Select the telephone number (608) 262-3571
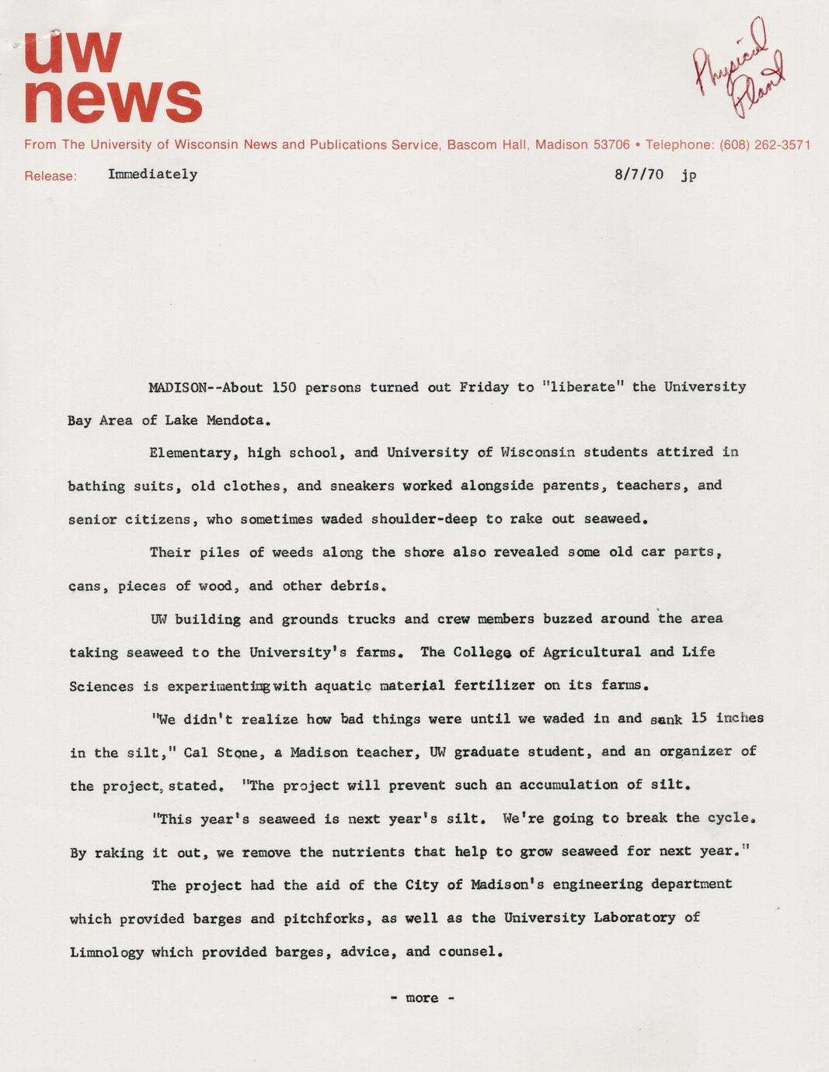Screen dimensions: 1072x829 (765, 144)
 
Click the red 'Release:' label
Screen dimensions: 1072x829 (51, 176)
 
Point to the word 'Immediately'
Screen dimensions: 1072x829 (152, 174)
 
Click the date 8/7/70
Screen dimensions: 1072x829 (639, 174)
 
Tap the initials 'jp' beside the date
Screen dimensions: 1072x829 (688, 175)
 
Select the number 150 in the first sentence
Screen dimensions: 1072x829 (284, 387)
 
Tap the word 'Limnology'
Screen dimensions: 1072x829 (106, 952)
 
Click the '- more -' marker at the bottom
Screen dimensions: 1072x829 (422, 998)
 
